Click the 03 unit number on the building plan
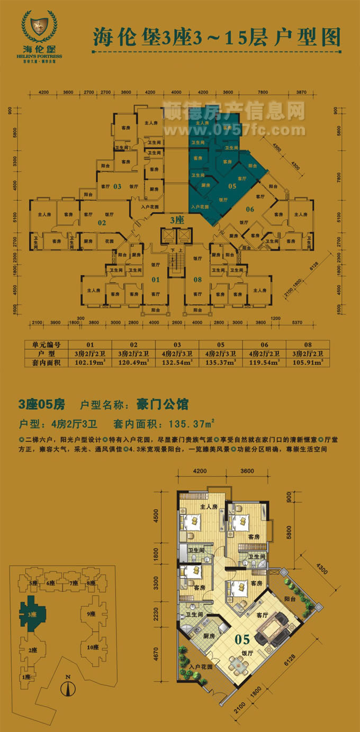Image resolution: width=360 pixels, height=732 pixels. (117, 186)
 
